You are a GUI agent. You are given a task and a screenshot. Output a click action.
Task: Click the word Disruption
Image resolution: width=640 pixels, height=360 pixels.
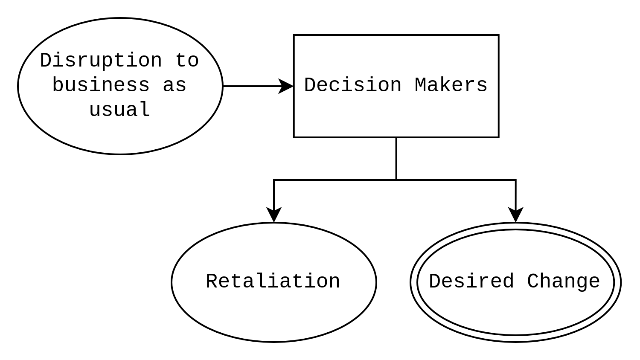click(101, 61)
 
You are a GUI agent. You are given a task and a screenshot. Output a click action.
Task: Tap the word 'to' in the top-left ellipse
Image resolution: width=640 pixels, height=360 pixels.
click(187, 61)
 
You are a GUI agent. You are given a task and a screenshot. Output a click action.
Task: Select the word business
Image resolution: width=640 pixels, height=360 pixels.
click(101, 85)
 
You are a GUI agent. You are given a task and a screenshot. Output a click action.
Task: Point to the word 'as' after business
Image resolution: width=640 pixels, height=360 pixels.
click(175, 85)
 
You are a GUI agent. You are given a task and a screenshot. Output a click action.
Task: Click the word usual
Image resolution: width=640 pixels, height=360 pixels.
click(119, 110)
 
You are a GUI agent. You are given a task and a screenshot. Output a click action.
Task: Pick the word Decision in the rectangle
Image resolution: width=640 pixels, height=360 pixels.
click(353, 85)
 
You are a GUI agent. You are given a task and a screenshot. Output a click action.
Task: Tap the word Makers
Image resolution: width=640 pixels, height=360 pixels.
click(451, 85)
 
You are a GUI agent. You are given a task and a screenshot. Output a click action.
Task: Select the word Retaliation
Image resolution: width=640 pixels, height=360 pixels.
click(273, 282)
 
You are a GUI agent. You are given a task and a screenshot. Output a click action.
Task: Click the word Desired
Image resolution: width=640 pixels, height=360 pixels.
click(471, 282)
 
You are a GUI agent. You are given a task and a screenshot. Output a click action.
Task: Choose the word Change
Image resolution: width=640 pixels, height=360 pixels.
click(564, 282)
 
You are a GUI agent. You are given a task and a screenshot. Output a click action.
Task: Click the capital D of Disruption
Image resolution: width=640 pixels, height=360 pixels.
click(46, 61)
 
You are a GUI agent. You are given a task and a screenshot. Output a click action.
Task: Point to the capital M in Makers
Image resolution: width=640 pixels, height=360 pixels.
click(421, 85)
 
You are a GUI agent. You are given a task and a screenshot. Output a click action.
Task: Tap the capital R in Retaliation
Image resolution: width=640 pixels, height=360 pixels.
click(212, 282)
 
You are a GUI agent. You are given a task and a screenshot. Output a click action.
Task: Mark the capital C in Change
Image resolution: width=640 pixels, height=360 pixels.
click(533, 282)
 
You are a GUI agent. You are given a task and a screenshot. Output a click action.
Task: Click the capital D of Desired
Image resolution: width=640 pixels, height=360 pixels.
click(435, 282)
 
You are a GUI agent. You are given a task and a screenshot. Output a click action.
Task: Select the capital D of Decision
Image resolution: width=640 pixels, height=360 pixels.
click(310, 85)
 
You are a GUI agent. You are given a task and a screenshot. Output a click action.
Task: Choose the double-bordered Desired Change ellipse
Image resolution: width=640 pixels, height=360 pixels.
click(515, 316)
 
